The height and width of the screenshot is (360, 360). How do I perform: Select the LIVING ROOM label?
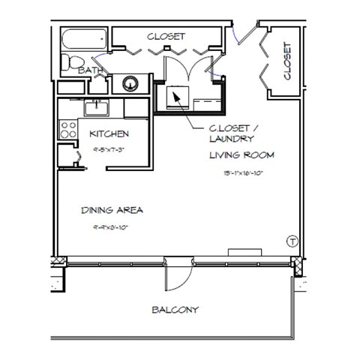coord(241,156)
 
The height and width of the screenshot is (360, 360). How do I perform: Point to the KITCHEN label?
coord(109,134)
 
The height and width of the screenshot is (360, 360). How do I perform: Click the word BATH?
coord(91,70)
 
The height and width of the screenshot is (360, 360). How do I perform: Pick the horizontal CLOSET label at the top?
coord(166,36)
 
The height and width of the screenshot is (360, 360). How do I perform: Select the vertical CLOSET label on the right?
coord(287,61)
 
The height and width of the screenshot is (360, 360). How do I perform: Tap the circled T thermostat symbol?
coord(291,241)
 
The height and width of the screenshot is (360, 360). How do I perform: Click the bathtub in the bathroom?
coord(84,38)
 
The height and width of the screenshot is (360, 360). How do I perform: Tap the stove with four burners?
coord(68,129)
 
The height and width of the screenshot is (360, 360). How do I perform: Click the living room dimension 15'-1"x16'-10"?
coord(241,174)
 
